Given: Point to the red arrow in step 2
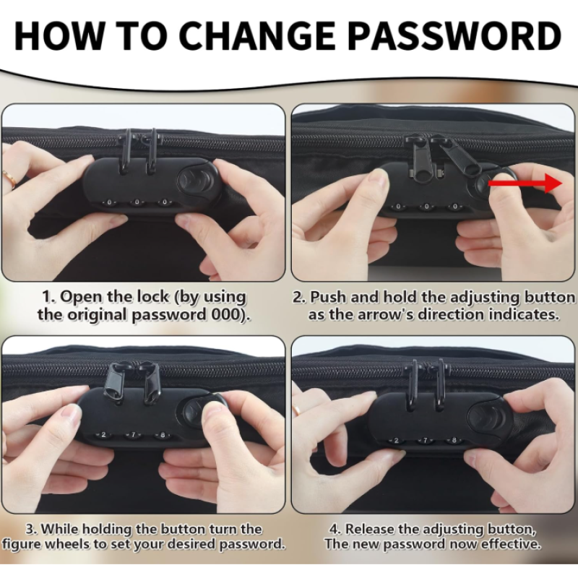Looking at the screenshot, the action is (x=525, y=183).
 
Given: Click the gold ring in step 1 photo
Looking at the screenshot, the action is (x=9, y=178).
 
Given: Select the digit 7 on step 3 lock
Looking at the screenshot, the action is (x=134, y=435).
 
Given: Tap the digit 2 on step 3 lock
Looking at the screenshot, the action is (x=103, y=435).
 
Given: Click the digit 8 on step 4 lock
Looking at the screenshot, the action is (x=454, y=440).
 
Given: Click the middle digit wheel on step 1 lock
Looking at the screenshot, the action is (x=137, y=202).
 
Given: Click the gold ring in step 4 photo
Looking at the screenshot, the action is (x=296, y=410).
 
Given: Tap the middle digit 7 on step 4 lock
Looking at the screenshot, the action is (x=426, y=440).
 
